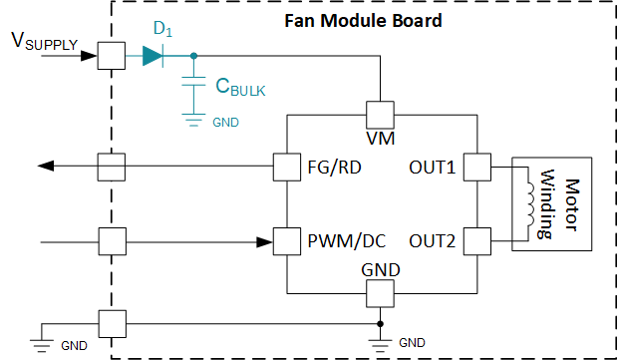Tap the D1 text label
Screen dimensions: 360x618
[161, 28]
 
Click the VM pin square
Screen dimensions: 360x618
[380, 112]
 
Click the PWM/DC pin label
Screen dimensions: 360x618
[345, 240]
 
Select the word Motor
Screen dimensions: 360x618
[571, 203]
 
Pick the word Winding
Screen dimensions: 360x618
[546, 203]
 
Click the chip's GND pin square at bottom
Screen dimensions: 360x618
[380, 294]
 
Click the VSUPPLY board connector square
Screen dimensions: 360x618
[110, 57]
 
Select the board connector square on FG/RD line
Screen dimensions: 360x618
[110, 166]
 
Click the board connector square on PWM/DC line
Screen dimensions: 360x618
[110, 240]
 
